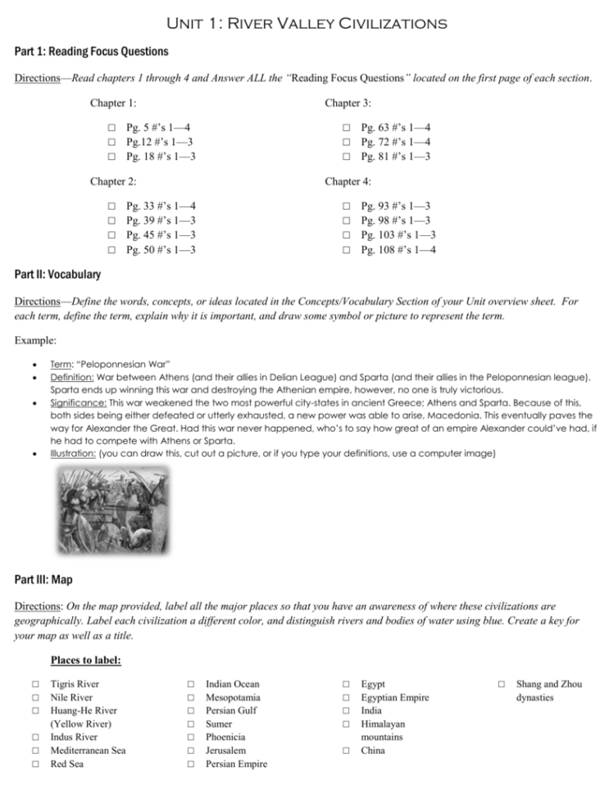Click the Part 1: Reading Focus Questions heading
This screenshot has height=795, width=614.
click(91, 52)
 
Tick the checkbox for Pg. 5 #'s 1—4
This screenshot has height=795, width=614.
click(111, 129)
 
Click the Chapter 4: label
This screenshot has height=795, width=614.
click(348, 181)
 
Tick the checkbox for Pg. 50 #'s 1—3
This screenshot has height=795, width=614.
click(111, 249)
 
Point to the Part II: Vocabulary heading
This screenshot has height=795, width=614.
click(57, 274)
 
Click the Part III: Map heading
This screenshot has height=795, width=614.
click(43, 579)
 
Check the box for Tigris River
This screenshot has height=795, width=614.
click(34, 684)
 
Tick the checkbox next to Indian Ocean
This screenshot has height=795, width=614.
click(189, 684)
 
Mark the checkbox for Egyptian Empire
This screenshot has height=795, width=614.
click(346, 697)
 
